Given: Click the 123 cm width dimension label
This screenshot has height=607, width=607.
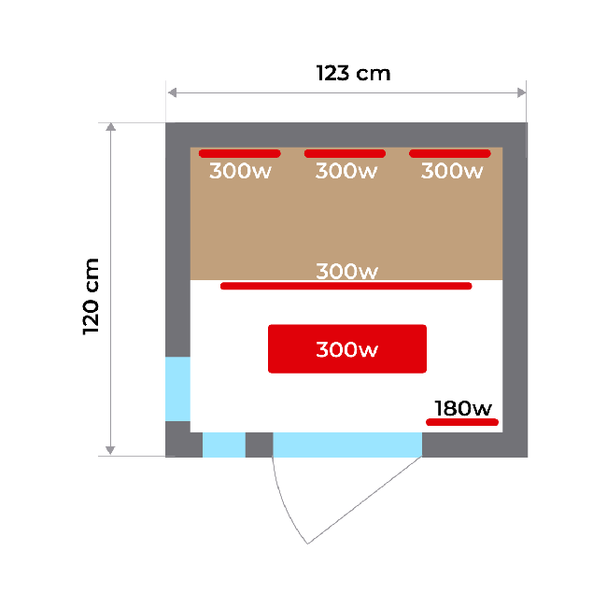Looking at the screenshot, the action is [353, 73].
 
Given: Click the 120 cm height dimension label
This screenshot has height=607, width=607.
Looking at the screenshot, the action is [91, 296].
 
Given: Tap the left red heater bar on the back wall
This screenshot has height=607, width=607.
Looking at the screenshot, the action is [240, 154].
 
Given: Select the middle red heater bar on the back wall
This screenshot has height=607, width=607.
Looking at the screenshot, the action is [345, 154].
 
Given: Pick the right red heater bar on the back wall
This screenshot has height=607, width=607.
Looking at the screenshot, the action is [450, 154].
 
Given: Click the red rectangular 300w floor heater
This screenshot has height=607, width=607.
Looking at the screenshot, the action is [347, 349].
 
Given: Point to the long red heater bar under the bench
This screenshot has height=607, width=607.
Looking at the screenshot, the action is [346, 286].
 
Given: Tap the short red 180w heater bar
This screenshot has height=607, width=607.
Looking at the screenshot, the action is [462, 422].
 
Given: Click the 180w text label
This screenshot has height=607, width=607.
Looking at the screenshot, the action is [463, 408].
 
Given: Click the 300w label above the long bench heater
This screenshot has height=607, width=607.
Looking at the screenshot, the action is [346, 271].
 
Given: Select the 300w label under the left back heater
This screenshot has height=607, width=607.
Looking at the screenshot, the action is [240, 171].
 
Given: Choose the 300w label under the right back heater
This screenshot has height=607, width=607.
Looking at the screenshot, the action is [452, 171].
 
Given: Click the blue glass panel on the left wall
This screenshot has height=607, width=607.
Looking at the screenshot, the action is [177, 388].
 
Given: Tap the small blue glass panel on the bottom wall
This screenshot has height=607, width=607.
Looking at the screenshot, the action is [224, 445].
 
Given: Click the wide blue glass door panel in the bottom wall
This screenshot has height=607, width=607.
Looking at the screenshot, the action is [347, 445].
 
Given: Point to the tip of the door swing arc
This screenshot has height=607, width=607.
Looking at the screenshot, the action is [308, 543].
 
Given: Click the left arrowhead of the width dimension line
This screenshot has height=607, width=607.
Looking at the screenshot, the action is [172, 92].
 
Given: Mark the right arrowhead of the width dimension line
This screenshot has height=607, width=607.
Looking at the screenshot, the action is [521, 92].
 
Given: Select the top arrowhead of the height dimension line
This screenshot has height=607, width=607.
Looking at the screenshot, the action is [111, 127].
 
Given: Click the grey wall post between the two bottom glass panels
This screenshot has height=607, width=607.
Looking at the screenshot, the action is [259, 445].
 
